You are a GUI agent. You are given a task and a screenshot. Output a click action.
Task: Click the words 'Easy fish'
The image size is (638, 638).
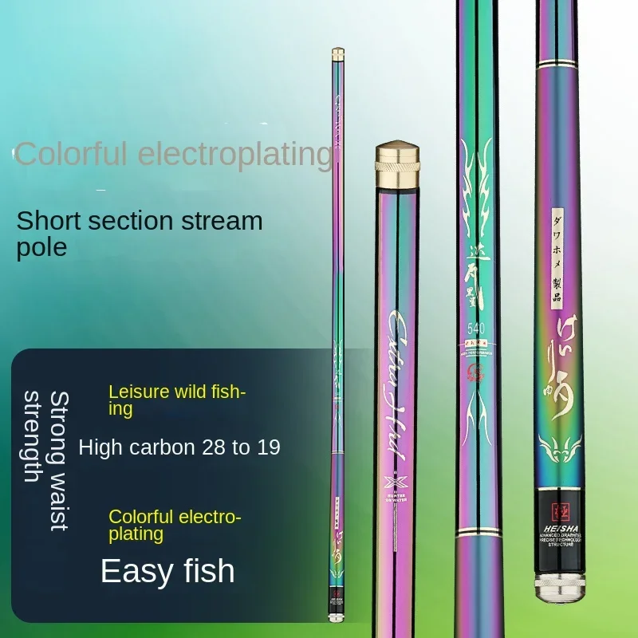point(167,571)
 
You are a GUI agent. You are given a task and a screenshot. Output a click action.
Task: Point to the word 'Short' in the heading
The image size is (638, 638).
point(51,220)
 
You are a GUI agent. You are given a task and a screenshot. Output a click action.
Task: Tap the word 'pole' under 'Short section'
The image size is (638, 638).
point(41,246)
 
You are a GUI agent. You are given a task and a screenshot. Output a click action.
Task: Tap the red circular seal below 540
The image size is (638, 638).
point(477,369)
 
